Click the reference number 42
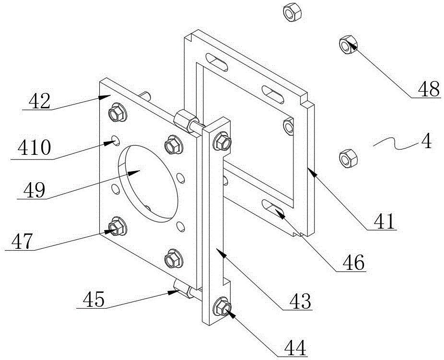click(40, 101)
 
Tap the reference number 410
click(34, 148)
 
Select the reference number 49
click(34, 190)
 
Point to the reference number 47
click(23, 241)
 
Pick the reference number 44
click(295, 348)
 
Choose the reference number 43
click(300, 301)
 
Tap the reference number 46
click(353, 262)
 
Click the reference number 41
click(384, 221)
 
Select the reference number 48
click(429, 89)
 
